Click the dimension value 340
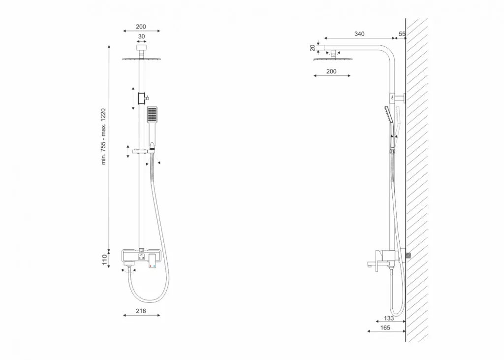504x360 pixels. [x=359, y=34]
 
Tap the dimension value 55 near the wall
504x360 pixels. [x=402, y=34]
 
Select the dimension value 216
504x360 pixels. [x=141, y=311]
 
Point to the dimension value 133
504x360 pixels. [x=389, y=318]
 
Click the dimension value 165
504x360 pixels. [x=385, y=327]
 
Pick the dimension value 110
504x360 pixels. [x=104, y=260]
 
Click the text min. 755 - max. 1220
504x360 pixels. [x=103, y=137]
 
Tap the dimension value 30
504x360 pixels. [x=141, y=36]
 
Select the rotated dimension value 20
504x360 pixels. [x=313, y=48]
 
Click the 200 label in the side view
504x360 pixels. [x=331, y=71]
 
